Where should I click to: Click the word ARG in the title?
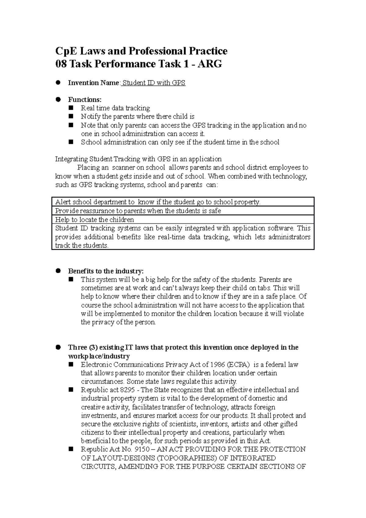click(210, 64)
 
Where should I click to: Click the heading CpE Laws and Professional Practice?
click(141, 51)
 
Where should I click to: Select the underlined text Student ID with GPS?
click(154, 83)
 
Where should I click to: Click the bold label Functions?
click(84, 99)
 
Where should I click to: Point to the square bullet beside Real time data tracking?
click(71, 108)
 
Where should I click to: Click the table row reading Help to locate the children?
click(94, 220)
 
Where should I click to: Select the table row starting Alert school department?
click(158, 202)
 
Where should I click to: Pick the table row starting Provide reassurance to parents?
click(138, 211)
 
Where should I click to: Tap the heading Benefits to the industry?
click(106, 271)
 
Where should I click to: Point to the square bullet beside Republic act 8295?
click(71, 390)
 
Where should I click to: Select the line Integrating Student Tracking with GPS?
click(138, 159)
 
